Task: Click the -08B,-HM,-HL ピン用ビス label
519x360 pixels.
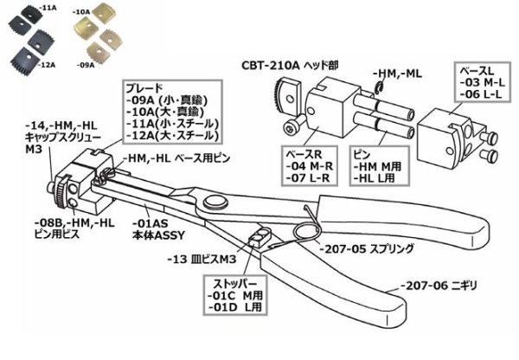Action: tap(75, 222)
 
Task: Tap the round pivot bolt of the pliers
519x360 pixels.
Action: tap(211, 205)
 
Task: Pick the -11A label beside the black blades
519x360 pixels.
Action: tap(53, 6)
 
